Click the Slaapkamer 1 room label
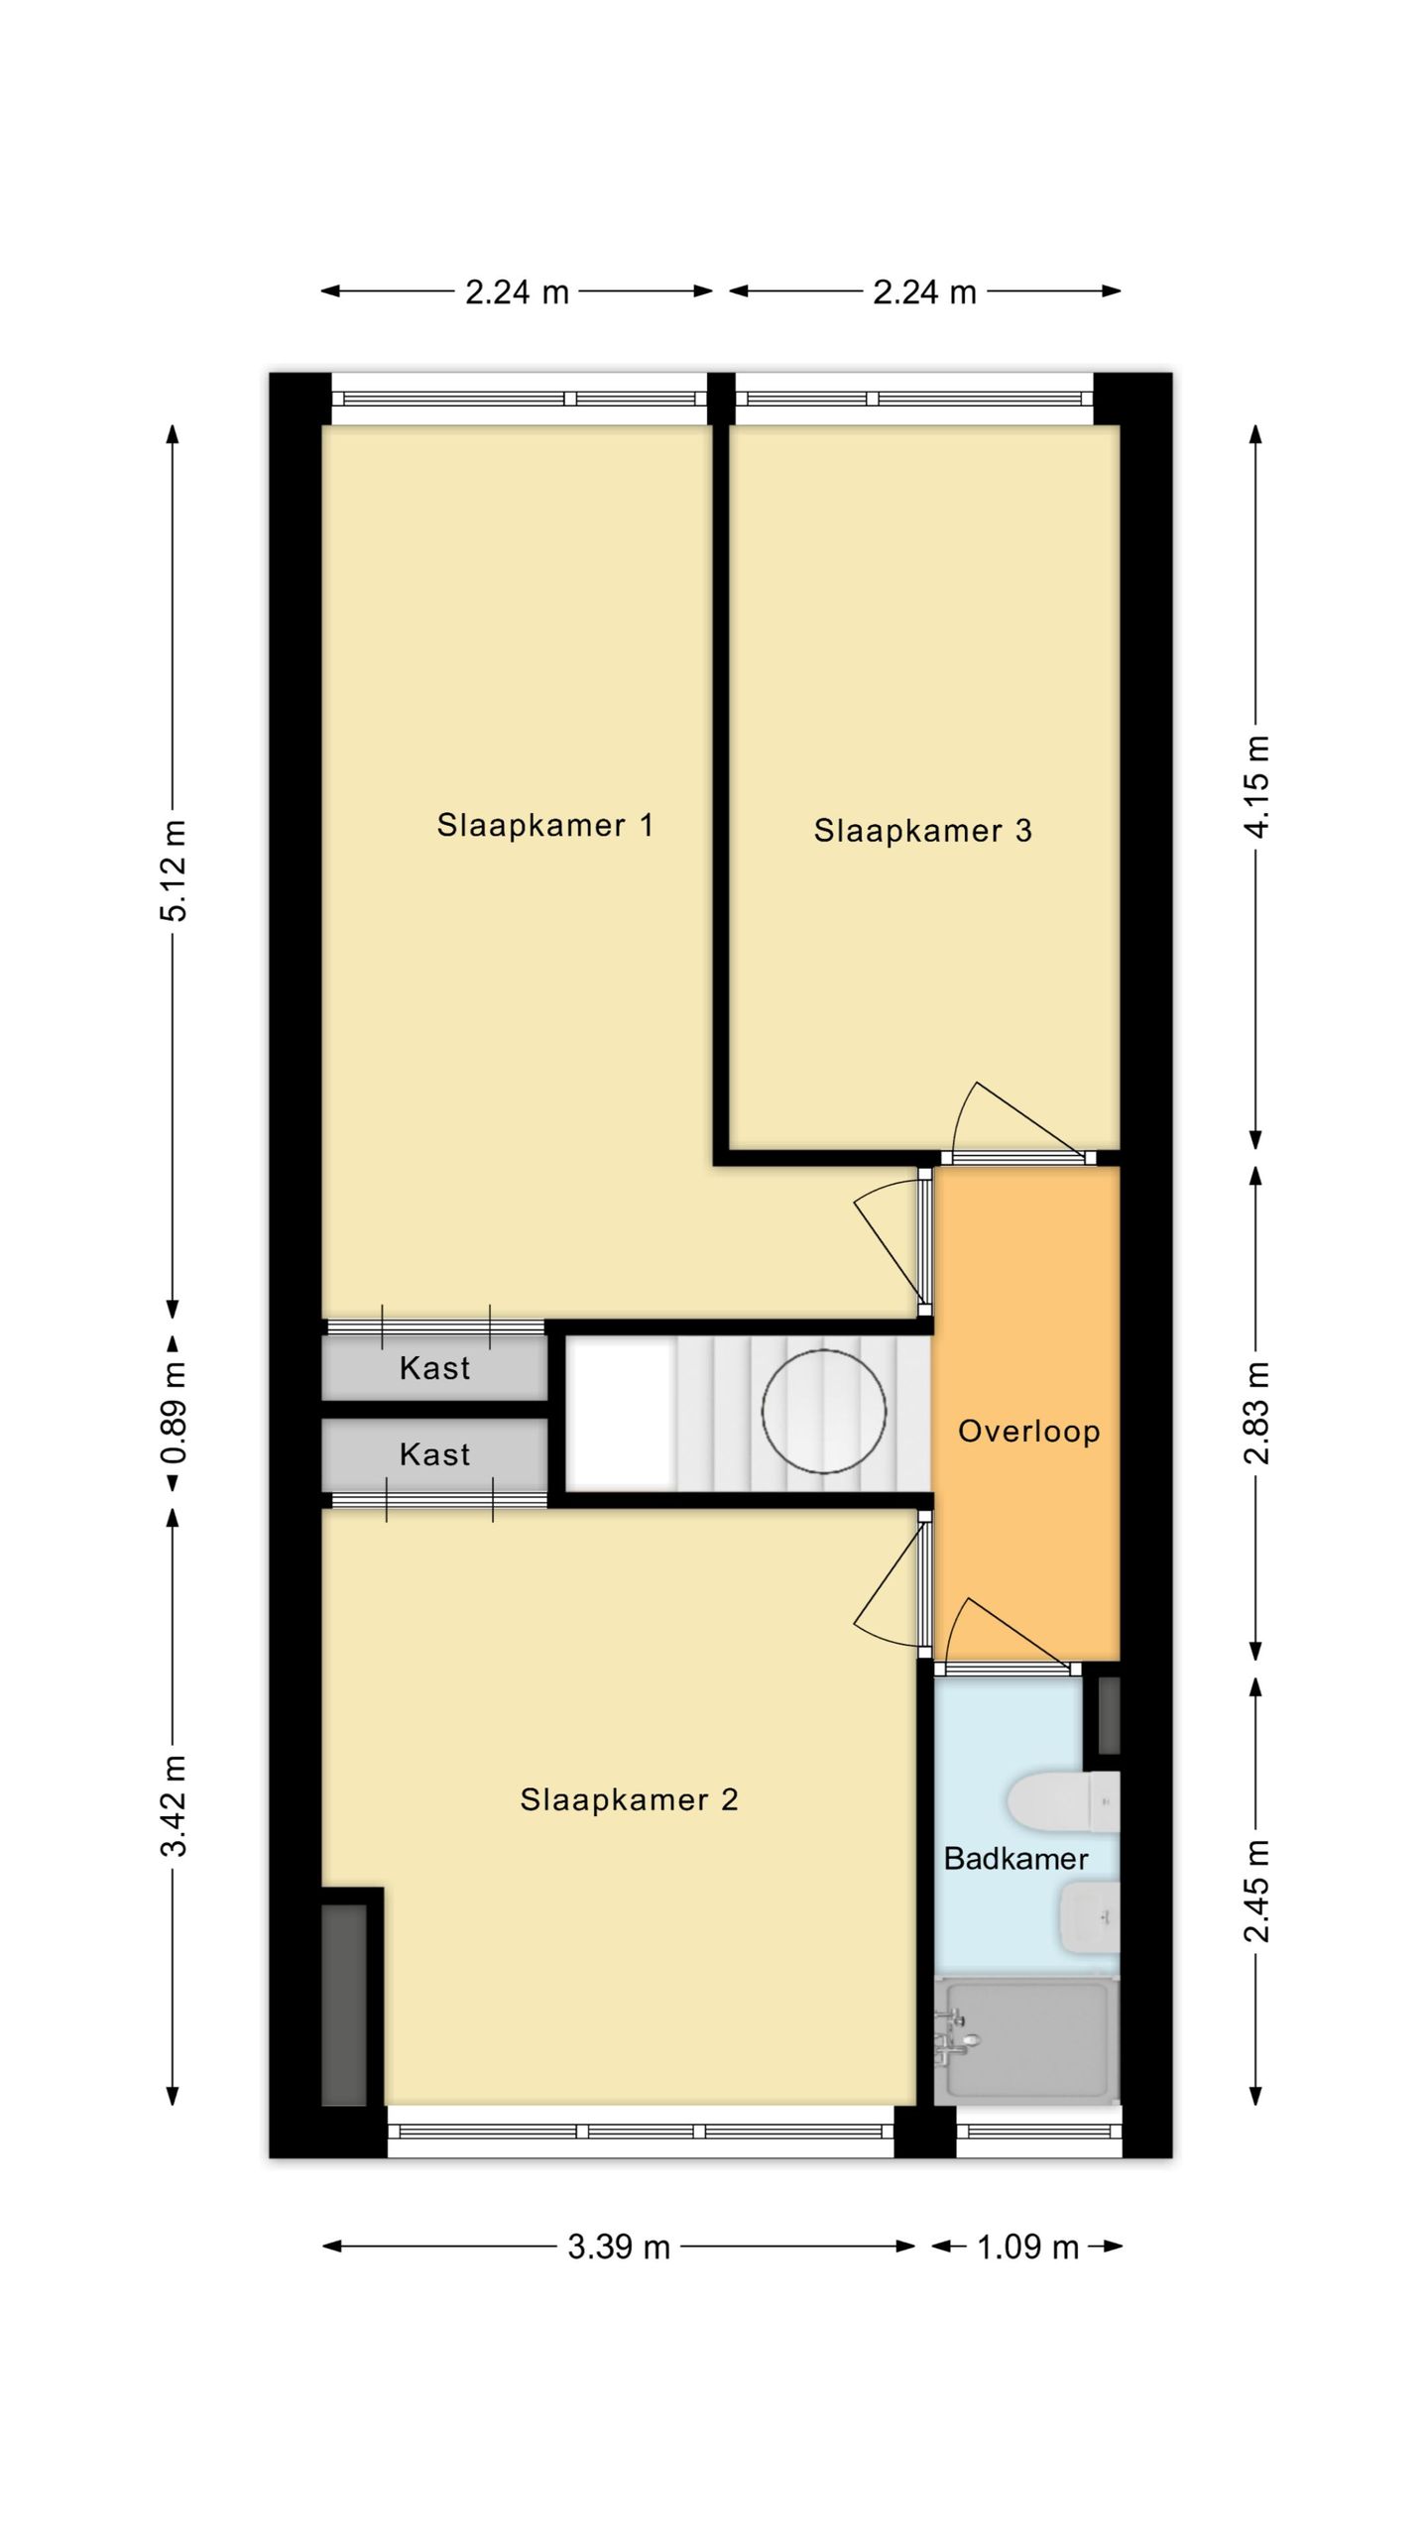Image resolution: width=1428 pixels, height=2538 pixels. [545, 825]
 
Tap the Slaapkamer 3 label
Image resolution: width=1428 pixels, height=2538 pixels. [922, 830]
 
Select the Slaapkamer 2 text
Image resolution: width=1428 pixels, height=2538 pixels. [629, 1799]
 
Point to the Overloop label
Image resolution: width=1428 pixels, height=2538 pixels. [1028, 1431]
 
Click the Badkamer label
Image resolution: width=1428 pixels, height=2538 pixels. [1015, 1858]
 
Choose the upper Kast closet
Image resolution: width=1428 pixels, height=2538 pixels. [434, 1368]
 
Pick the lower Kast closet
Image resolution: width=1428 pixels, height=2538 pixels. [434, 1454]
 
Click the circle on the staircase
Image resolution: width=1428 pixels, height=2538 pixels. [823, 1412]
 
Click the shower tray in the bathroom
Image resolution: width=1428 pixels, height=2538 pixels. [1027, 2037]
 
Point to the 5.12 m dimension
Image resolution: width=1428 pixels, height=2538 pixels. [174, 870]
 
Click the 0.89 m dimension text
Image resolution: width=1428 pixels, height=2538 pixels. [174, 1412]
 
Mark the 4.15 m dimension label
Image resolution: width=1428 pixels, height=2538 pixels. [1255, 788]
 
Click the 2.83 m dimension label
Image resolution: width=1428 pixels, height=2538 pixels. [1255, 1412]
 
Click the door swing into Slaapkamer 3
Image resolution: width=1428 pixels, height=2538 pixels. [1011, 1120]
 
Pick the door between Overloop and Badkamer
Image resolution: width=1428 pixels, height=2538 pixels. [1007, 1636]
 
